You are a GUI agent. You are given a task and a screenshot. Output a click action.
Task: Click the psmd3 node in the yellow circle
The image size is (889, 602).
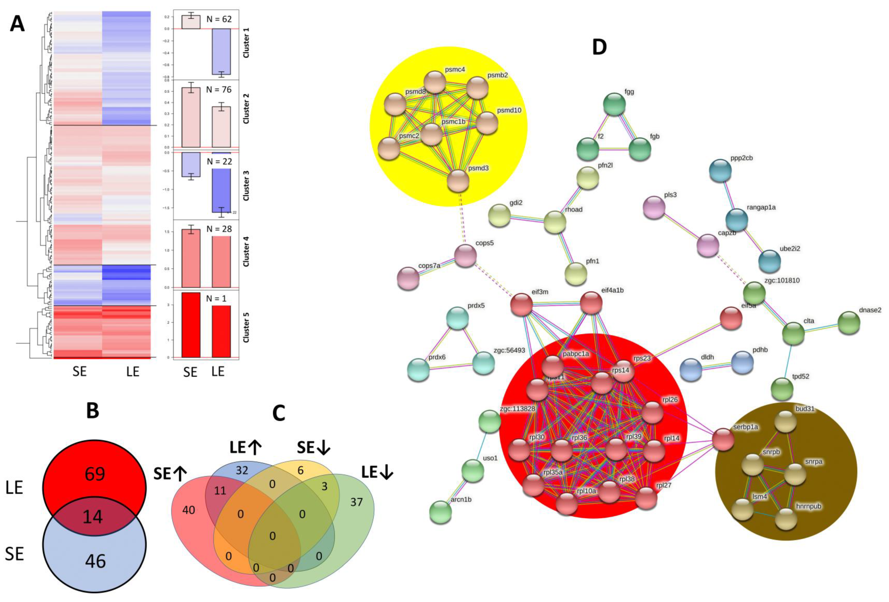click(x=458, y=181)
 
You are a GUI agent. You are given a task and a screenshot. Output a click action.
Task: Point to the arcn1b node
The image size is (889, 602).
click(x=440, y=512)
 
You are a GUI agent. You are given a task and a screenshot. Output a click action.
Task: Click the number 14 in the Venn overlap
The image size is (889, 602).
click(x=93, y=517)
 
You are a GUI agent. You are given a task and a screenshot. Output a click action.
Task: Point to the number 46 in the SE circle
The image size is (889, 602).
click(x=95, y=561)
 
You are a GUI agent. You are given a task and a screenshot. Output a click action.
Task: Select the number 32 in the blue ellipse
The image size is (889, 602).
click(x=242, y=470)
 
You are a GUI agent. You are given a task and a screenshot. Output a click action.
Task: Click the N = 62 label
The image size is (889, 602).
click(x=219, y=19)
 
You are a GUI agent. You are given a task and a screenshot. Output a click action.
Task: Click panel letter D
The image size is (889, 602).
click(x=599, y=47)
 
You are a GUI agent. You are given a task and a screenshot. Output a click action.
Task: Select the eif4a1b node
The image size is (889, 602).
click(x=591, y=303)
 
